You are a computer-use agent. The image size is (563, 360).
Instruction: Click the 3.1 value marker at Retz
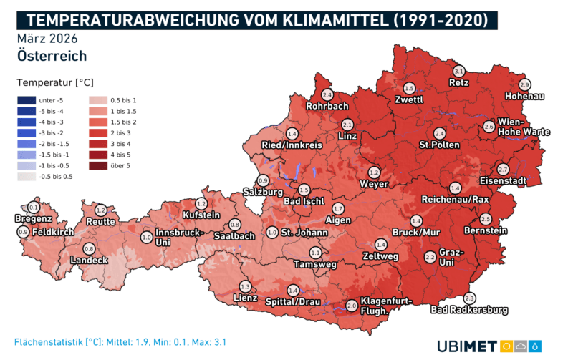pos(459,71)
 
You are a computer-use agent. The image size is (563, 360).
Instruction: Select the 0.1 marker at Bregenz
pos(34,208)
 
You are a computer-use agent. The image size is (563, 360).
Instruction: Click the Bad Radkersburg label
pos(469,310)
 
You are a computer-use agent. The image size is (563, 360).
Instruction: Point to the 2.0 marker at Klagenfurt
pos(351,306)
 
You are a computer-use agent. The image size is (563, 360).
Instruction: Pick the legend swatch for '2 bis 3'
pos(98,134)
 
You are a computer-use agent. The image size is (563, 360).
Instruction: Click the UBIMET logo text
pos(466,346)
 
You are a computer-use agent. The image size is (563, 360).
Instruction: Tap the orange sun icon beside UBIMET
pos(506,346)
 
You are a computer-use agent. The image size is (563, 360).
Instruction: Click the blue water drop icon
pos(536,346)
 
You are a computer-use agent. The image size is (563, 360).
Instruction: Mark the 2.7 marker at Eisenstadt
pos(502,169)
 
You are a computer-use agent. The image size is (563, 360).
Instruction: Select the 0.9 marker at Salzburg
pos(263,180)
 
